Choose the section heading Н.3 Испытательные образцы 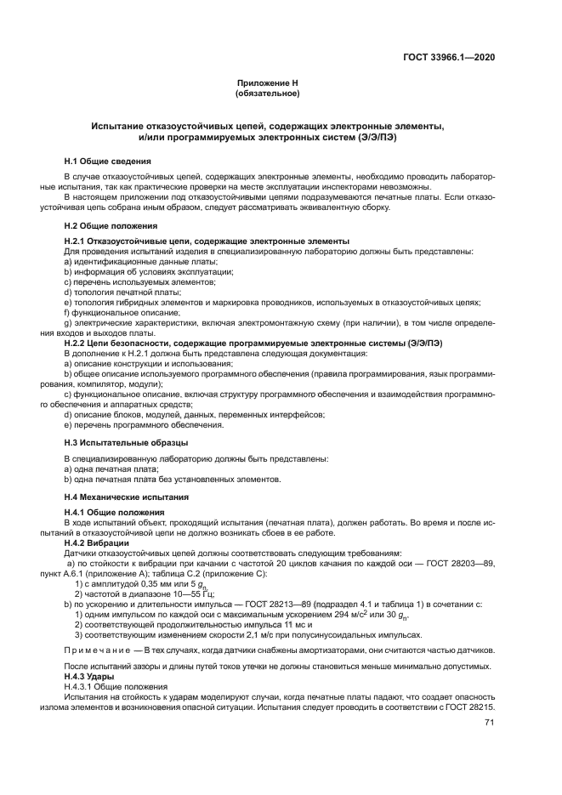(127, 443)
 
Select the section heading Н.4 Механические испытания (127, 496)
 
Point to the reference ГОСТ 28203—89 (463, 563)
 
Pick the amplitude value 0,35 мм (144, 584)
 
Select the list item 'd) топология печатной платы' (117, 292)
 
